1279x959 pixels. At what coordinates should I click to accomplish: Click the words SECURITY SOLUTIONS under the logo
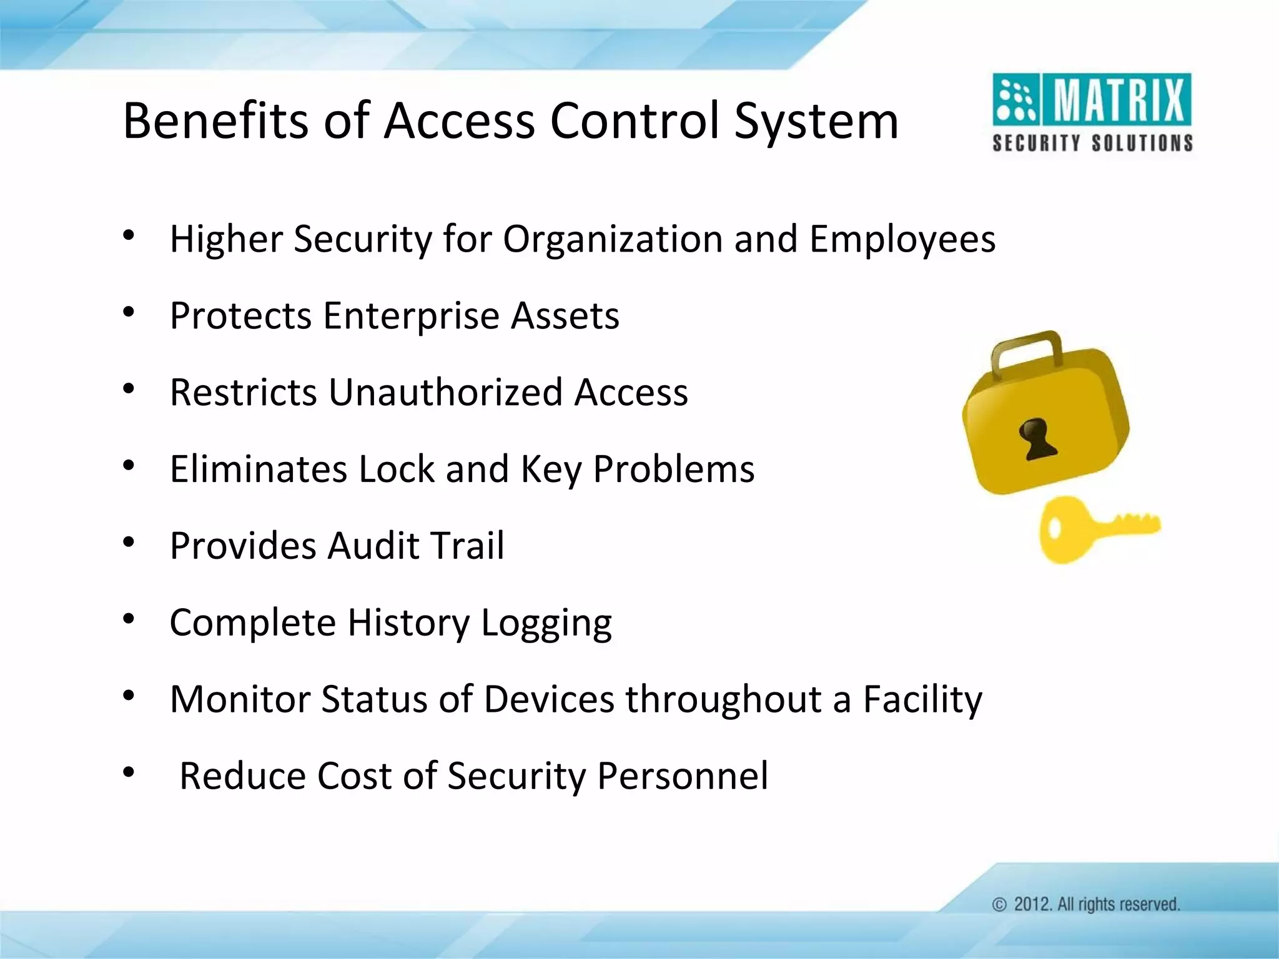1092,143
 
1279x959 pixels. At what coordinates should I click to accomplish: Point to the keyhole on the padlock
1037,439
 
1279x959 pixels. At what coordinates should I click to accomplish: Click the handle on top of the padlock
1027,353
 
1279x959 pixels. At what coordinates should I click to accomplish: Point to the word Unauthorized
445,392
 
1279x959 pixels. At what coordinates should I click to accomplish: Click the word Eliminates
258,469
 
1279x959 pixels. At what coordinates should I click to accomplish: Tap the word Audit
372,546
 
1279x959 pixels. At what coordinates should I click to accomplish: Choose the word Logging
546,623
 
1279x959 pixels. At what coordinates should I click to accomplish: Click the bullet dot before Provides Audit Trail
129,542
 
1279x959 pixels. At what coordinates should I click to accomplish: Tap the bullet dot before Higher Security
129,235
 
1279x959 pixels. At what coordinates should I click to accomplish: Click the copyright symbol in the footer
999,905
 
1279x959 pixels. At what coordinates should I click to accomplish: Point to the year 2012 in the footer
1032,905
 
